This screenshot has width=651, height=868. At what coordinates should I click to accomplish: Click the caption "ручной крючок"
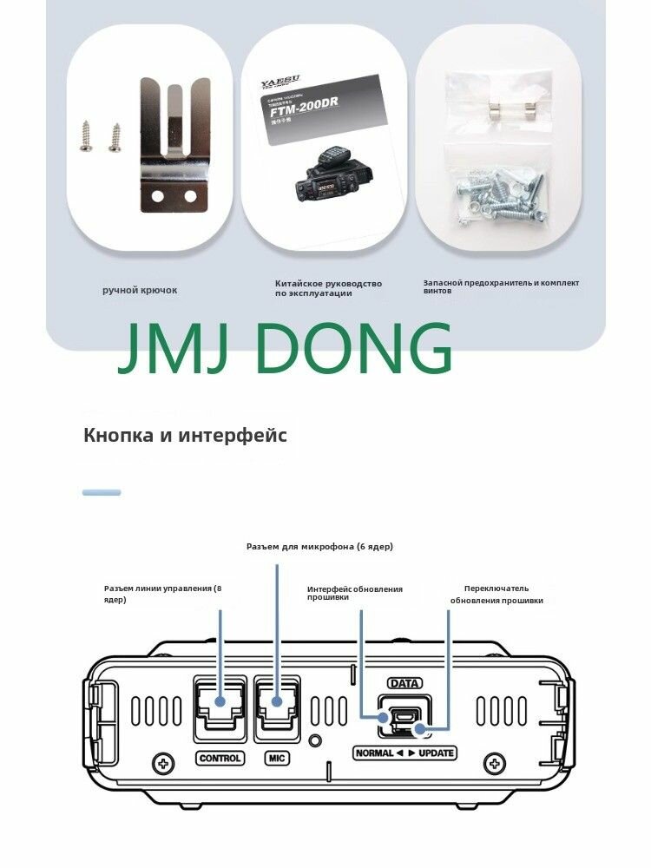pyautogui.click(x=140, y=290)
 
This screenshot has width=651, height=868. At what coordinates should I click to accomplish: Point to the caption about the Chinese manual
pyautogui.click(x=328, y=288)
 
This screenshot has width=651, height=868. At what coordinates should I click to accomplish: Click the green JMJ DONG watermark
pyautogui.click(x=286, y=349)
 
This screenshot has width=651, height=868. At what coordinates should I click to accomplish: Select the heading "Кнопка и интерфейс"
pyautogui.click(x=185, y=435)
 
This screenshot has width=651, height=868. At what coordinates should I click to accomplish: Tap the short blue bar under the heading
pyautogui.click(x=102, y=492)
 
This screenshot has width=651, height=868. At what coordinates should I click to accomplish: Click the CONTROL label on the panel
pyautogui.click(x=220, y=758)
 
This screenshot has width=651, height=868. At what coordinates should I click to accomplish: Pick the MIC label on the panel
pyautogui.click(x=277, y=758)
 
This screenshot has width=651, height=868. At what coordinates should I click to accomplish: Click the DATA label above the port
pyautogui.click(x=404, y=683)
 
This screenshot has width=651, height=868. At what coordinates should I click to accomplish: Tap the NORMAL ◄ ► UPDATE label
pyautogui.click(x=404, y=753)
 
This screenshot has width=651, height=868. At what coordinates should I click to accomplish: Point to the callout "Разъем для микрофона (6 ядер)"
pyautogui.click(x=319, y=547)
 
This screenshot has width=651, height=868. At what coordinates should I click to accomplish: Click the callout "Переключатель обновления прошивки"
pyautogui.click(x=496, y=594)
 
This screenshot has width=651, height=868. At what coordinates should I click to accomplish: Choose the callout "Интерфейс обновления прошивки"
pyautogui.click(x=354, y=594)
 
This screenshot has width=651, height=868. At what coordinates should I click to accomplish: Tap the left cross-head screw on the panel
pyautogui.click(x=162, y=764)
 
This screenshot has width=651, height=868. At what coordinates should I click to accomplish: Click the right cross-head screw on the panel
pyautogui.click(x=496, y=764)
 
